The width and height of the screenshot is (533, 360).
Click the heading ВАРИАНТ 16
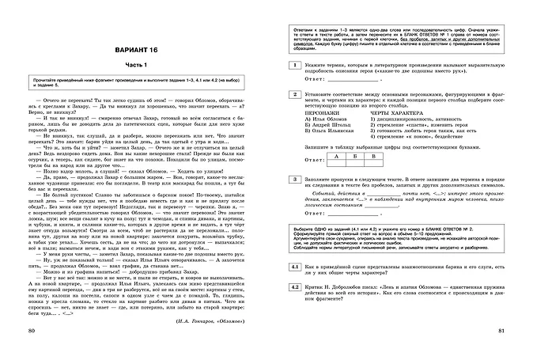pyautogui.click(x=134, y=50)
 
